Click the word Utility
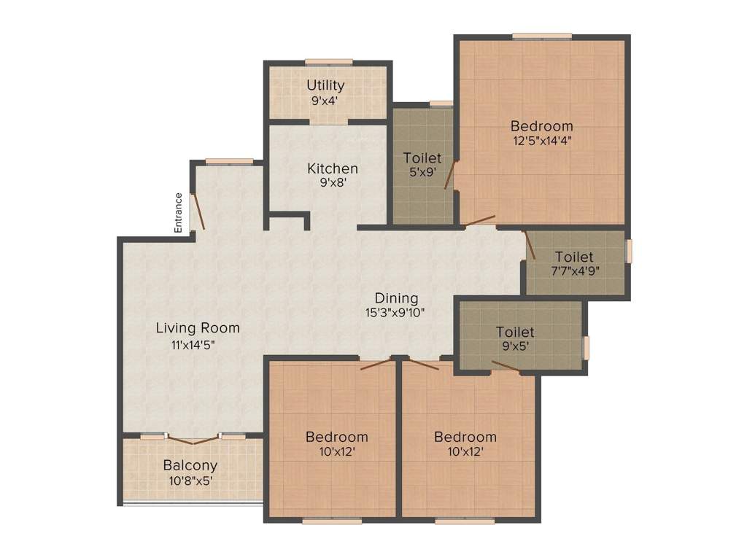pyautogui.click(x=325, y=86)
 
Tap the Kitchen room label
pyautogui.click(x=332, y=168)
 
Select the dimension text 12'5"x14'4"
pyautogui.click(x=541, y=141)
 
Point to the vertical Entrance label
pyautogui.click(x=178, y=212)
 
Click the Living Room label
pyautogui.click(x=198, y=328)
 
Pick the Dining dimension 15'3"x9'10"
pyautogui.click(x=396, y=314)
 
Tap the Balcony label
pyautogui.click(x=190, y=465)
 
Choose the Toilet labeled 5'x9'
pyautogui.click(x=422, y=158)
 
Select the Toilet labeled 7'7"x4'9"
pyautogui.click(x=574, y=257)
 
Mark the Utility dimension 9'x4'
pyautogui.click(x=326, y=101)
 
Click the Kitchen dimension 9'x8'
pyautogui.click(x=332, y=184)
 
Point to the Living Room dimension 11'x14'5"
pyautogui.click(x=198, y=345)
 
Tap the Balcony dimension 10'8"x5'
pyautogui.click(x=190, y=481)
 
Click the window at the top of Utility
pyautogui.click(x=328, y=62)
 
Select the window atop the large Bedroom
pyautogui.click(x=541, y=36)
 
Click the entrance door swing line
pyautogui.click(x=198, y=214)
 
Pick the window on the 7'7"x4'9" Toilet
pyautogui.click(x=630, y=250)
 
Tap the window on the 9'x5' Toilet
pyautogui.click(x=585, y=348)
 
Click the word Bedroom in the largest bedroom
pyautogui.click(x=541, y=126)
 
